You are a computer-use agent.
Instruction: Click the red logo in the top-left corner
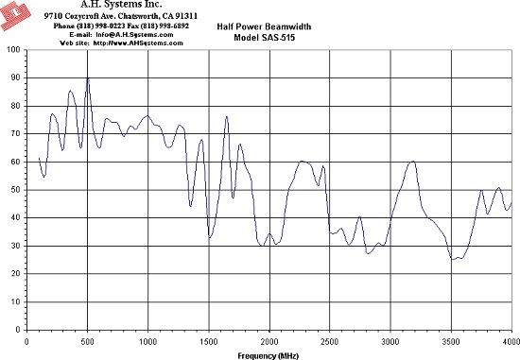pyautogui.click(x=14, y=14)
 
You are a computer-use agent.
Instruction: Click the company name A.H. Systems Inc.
pyautogui.click(x=121, y=5)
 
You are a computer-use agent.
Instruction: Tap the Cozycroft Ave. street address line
pyautogui.click(x=121, y=16)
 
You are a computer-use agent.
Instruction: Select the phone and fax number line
pyautogui.click(x=121, y=26)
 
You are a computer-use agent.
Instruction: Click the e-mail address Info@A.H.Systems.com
pyautogui.click(x=134, y=34)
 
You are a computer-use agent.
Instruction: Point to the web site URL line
pyautogui.click(x=121, y=43)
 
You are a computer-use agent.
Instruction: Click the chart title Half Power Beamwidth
pyautogui.click(x=264, y=26)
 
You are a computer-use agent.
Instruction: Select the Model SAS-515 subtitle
pyautogui.click(x=264, y=37)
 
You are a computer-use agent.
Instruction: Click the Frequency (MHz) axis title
pyautogui.click(x=268, y=356)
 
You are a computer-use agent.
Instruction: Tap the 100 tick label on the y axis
pyautogui.click(x=13, y=50)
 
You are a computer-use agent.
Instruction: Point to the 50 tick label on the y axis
pyautogui.click(x=16, y=190)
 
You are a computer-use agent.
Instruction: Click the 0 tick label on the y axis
pyautogui.click(x=18, y=330)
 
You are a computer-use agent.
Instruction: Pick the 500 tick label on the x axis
pyautogui.click(x=87, y=341)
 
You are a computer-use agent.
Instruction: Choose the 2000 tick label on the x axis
pyautogui.click(x=269, y=341)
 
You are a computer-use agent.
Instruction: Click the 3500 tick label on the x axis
pyautogui.click(x=451, y=341)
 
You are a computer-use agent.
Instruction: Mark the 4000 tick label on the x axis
pyautogui.click(x=511, y=341)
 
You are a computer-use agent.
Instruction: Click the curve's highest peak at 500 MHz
pyautogui.click(x=88, y=77)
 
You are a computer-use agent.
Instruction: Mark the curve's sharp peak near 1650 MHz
pyautogui.click(x=227, y=116)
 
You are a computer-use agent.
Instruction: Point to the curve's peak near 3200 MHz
pyautogui.click(x=413, y=162)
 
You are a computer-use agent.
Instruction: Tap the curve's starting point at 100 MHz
pyautogui.click(x=39, y=158)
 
